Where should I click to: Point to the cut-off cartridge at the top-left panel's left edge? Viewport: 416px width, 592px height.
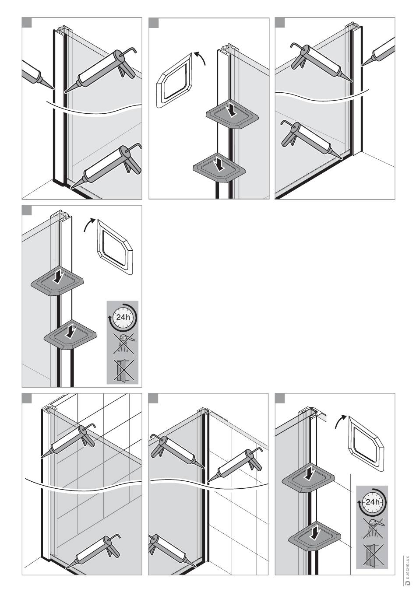(x=38, y=74)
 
